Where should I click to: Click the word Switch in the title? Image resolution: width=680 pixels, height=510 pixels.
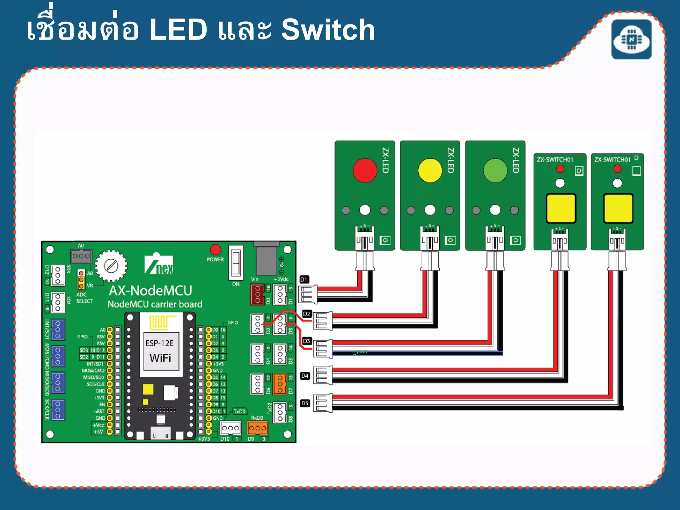[328, 30]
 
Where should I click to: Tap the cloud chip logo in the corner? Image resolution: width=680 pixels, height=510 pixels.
[631, 40]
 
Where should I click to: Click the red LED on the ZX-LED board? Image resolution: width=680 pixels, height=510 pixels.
[365, 170]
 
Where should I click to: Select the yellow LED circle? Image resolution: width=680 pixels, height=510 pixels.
[430, 170]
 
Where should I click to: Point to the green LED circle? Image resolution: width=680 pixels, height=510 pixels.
[495, 170]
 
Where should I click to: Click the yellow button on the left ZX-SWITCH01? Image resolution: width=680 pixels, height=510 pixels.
[560, 208]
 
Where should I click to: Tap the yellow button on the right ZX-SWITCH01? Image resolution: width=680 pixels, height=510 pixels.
[618, 208]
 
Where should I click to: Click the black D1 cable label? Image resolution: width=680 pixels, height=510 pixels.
[304, 279]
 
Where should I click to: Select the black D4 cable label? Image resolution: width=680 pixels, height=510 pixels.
[305, 376]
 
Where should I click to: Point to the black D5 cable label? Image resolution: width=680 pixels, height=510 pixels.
[305, 403]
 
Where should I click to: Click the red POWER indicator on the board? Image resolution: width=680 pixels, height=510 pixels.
[215, 249]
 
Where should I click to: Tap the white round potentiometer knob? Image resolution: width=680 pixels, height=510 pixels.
[111, 266]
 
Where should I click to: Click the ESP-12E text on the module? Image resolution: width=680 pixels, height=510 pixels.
[159, 343]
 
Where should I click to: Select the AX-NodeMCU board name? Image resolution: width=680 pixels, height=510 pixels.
[150, 291]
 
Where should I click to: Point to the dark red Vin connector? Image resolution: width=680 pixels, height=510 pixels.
[257, 294]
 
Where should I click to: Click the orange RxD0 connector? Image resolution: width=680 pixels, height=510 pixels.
[258, 428]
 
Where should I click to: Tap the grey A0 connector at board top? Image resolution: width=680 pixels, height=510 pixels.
[81, 256]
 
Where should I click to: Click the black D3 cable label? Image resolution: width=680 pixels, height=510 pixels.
[306, 341]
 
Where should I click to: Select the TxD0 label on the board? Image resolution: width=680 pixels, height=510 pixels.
[239, 411]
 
